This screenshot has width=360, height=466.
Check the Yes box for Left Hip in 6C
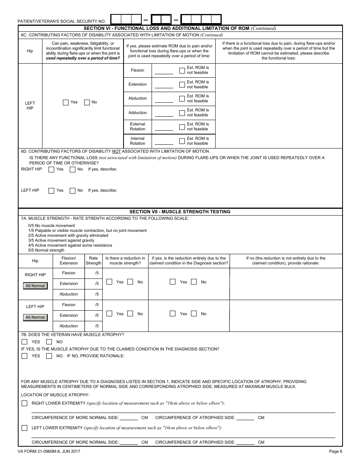coord(66,102)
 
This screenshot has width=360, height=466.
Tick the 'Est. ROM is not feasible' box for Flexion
coord(182,70)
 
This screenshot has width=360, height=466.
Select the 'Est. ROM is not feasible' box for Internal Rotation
coord(182,141)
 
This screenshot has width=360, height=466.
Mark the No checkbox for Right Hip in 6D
coord(73,169)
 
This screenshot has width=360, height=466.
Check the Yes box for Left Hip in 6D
coord(52,191)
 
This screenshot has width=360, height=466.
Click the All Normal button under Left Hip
coord(35,317)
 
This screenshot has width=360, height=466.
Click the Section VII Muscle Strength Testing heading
coord(180,212)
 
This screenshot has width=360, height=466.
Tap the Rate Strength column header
coord(93,261)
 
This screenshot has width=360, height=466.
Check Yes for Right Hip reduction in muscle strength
coord(110,282)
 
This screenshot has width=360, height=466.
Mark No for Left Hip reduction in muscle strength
coord(130,314)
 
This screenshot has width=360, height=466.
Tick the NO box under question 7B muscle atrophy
coord(49,342)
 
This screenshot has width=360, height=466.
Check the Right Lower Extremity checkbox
coord(25,403)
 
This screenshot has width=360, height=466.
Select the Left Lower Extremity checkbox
coord(25,428)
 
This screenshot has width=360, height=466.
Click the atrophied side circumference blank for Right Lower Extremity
coord(246,418)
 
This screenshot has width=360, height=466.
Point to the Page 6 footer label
coord(335,451)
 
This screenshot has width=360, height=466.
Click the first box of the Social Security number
coord(116,19)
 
